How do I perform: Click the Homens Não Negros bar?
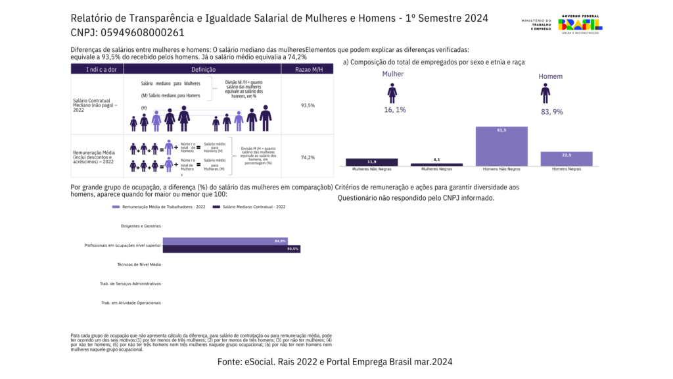pos(501,145)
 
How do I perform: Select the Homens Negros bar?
pos(567,159)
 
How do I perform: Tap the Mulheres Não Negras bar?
pos(371,162)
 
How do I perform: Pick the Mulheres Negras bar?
pos(436,164)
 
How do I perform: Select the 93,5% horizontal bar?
pos(231,249)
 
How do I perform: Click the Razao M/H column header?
pos(308,69)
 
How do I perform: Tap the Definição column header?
pos(203,69)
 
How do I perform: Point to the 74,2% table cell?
pos(308,158)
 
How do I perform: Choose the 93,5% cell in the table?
pos(308,105)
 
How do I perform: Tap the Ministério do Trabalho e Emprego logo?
pos(536,25)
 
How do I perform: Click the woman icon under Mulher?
pos(392,93)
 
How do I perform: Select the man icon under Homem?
pos(545,93)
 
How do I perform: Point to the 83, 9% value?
pos(551,112)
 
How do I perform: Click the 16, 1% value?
pos(394,110)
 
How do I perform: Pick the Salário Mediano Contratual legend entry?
pos(252,207)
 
